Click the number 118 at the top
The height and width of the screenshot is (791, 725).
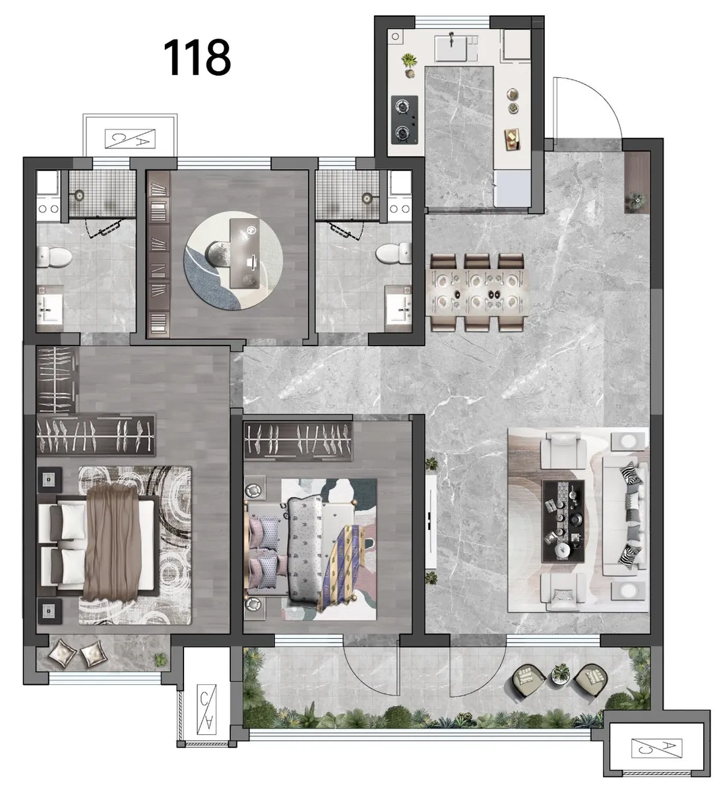[197, 57]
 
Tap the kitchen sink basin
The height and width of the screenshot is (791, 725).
[450, 47]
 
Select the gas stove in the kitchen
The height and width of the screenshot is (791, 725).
[404, 119]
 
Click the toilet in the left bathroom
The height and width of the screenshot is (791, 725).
[54, 256]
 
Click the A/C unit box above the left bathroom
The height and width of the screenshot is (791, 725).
[130, 138]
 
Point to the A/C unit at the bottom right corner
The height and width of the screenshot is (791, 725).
[656, 747]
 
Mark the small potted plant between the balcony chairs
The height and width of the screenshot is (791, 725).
[561, 674]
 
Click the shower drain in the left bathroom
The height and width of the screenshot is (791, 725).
[79, 195]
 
